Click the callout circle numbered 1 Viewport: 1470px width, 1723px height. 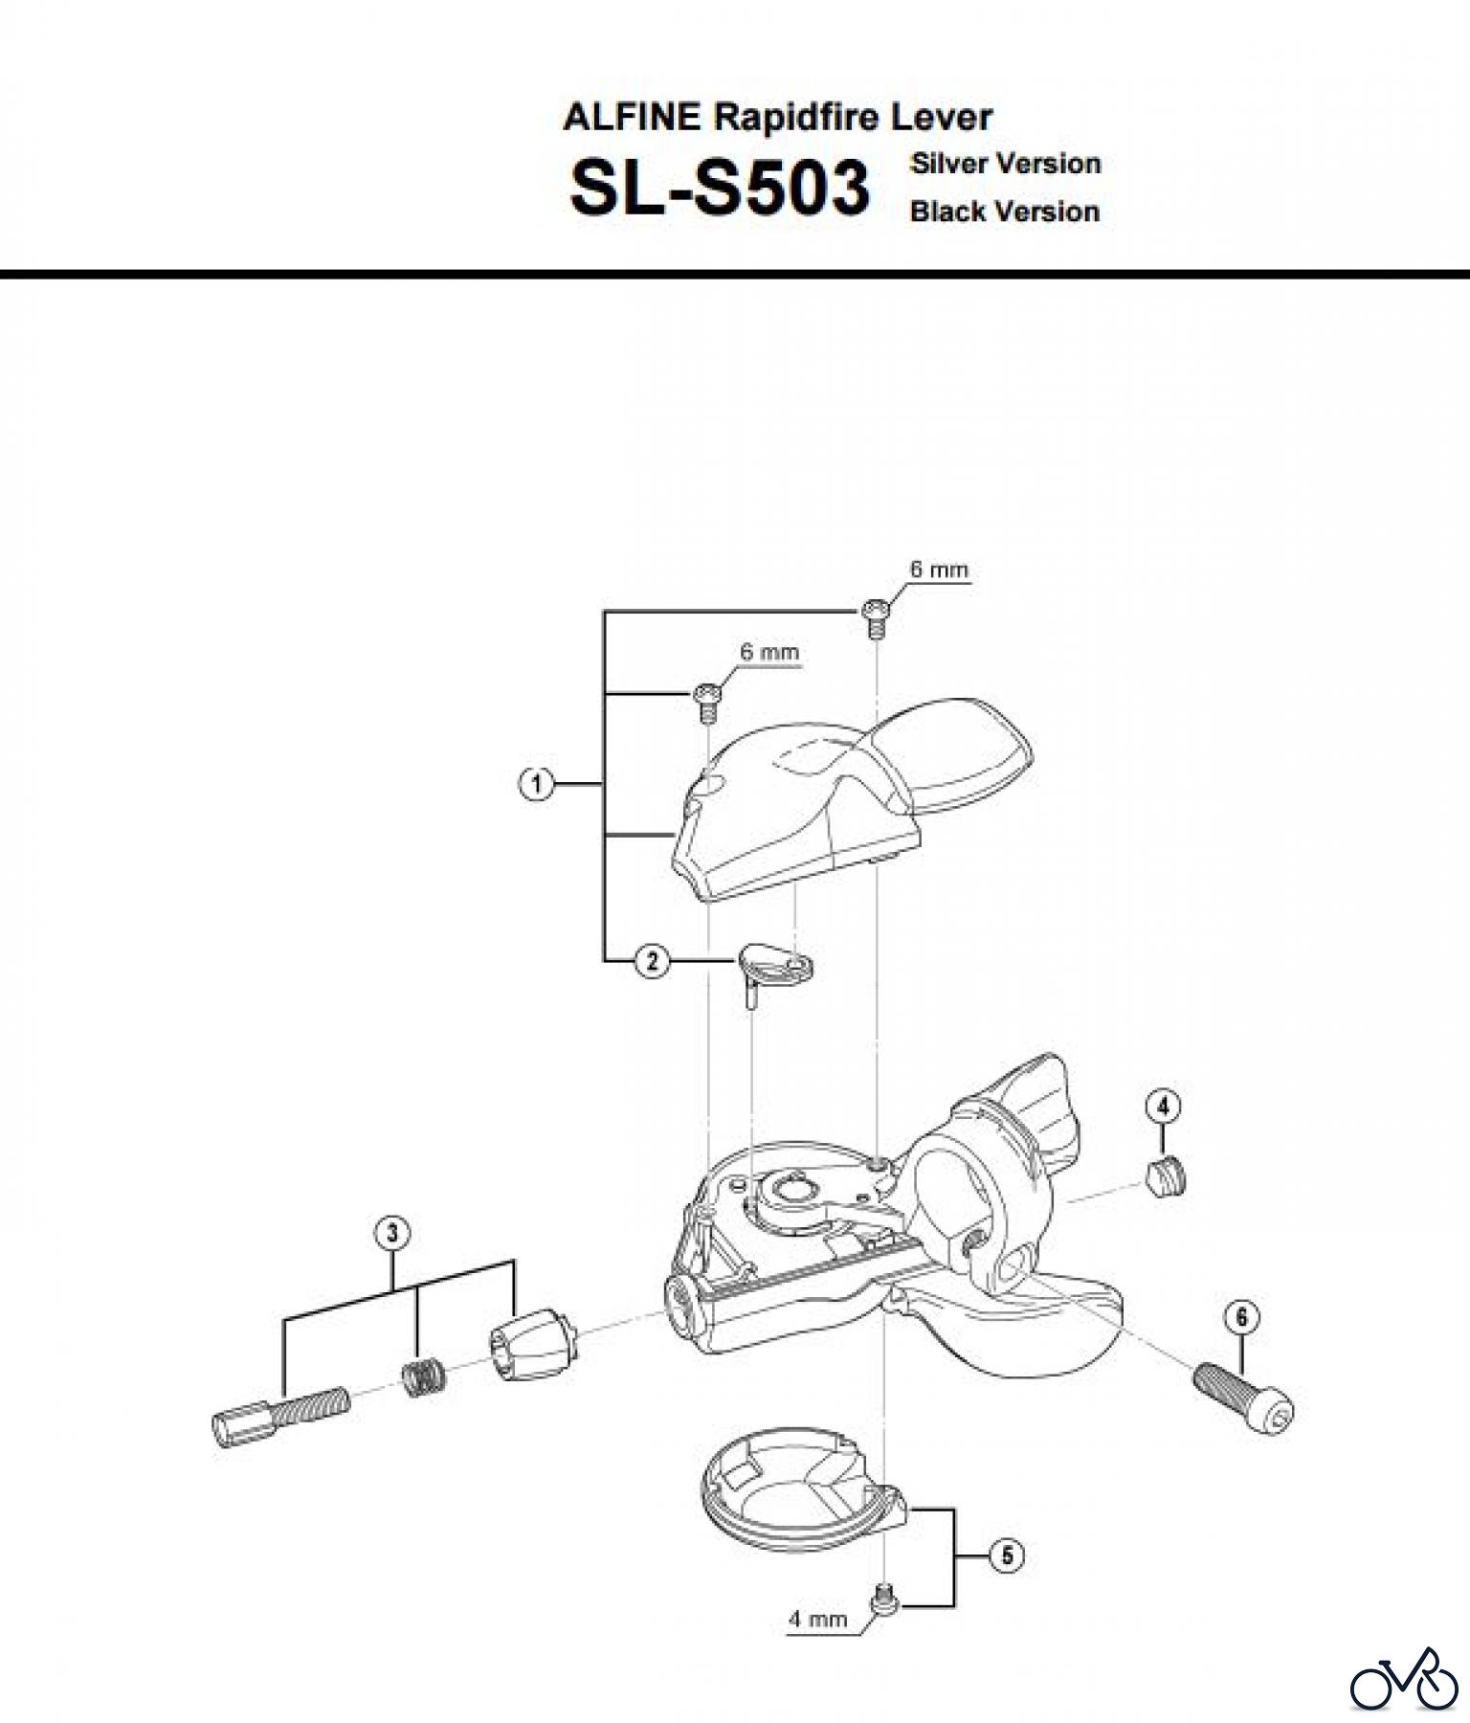click(536, 785)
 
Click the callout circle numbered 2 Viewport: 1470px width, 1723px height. click(653, 960)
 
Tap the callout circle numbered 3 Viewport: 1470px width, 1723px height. click(393, 1234)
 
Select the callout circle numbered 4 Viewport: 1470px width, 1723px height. click(1163, 1108)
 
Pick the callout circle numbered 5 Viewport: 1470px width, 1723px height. click(1007, 1555)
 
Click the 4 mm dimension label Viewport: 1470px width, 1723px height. click(817, 1620)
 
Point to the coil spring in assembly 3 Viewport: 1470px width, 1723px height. click(417, 1378)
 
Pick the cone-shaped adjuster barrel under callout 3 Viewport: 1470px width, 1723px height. click(533, 1345)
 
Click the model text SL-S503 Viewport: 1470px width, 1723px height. click(720, 188)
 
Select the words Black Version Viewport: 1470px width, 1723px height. click(1004, 212)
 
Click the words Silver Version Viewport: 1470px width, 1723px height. click(1005, 164)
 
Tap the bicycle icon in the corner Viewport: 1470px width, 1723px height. click(1403, 1678)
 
